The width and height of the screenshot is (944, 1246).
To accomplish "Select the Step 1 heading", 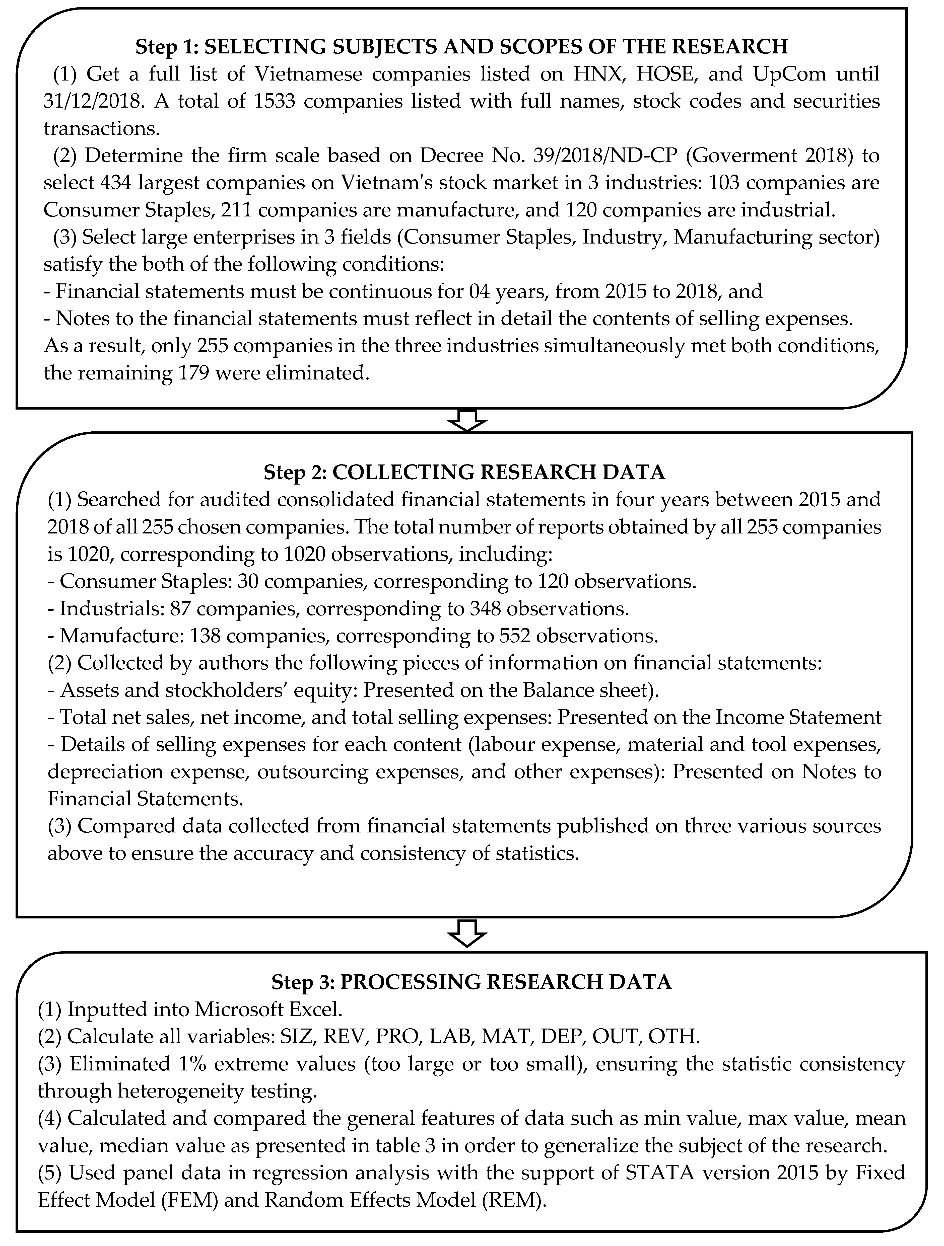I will (x=461, y=47).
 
